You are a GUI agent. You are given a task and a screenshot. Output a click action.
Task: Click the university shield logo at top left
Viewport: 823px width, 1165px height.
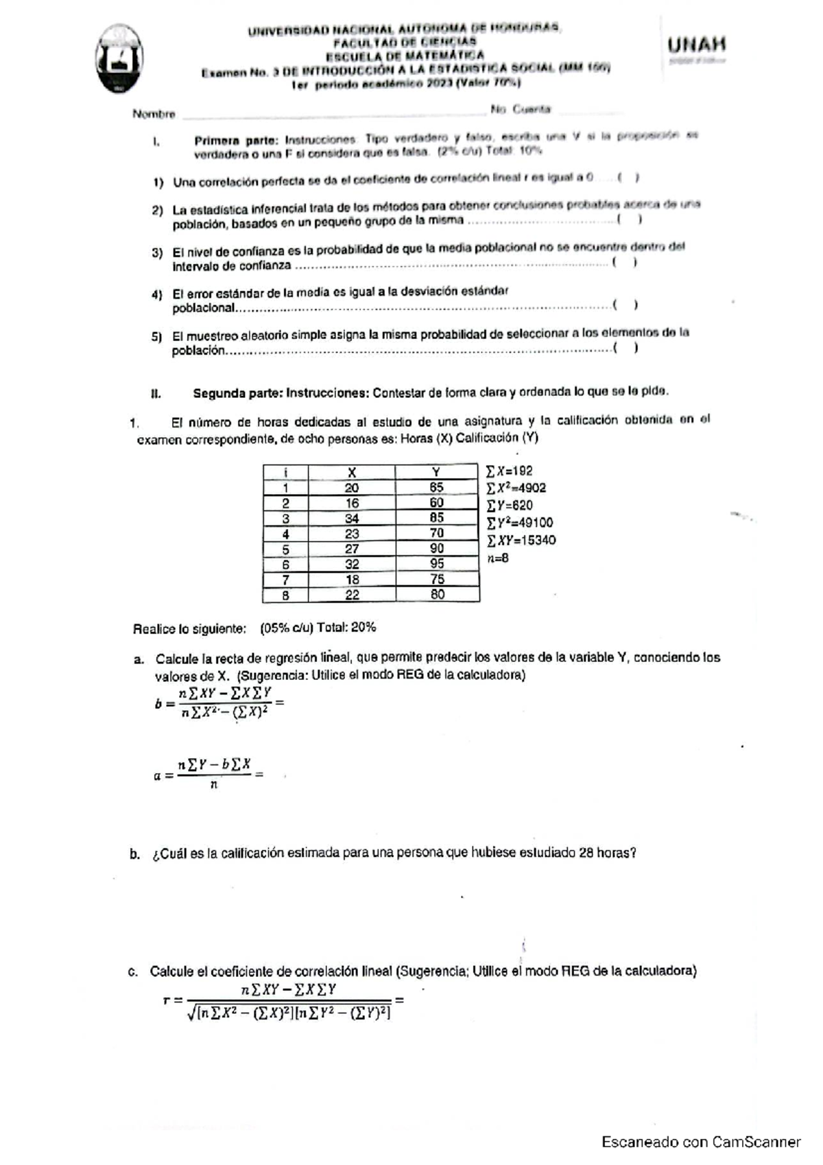click(x=120, y=59)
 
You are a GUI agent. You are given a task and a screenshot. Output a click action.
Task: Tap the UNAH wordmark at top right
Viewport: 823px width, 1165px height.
click(x=696, y=45)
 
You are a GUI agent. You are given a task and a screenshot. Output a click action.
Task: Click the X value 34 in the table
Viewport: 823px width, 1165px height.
click(x=352, y=519)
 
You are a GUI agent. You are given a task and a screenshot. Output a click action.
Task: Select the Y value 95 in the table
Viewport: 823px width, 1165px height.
click(x=437, y=564)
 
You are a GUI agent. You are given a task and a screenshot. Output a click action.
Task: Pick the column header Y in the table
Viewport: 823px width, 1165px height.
click(x=436, y=472)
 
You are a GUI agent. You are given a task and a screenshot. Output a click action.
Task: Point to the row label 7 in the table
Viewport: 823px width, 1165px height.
click(x=285, y=580)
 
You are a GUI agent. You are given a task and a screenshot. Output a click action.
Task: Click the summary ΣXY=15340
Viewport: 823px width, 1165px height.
click(x=521, y=541)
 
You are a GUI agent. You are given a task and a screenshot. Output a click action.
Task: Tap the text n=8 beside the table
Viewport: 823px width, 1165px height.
click(x=498, y=558)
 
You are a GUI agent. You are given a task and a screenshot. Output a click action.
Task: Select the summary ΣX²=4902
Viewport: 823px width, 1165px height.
click(x=516, y=489)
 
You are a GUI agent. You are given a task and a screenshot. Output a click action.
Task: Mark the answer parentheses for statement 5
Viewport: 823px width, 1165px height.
click(x=626, y=348)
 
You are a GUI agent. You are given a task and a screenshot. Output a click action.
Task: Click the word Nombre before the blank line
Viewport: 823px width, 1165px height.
click(x=154, y=114)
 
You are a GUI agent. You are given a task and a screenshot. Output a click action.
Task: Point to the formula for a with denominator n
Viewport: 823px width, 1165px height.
click(x=209, y=774)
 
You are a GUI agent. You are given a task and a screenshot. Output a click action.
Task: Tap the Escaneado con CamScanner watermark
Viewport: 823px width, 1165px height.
click(x=701, y=1142)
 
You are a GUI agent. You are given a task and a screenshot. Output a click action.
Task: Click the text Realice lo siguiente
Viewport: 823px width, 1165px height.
click(x=189, y=628)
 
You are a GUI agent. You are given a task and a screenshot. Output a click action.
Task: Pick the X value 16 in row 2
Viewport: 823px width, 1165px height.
click(x=352, y=503)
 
